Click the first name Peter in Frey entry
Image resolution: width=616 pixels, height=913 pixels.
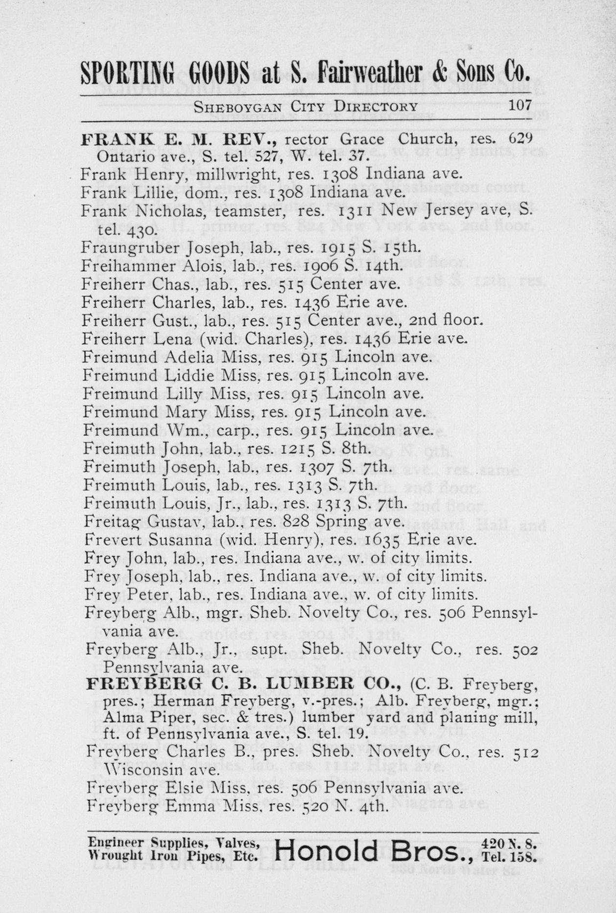coord(146,594)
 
